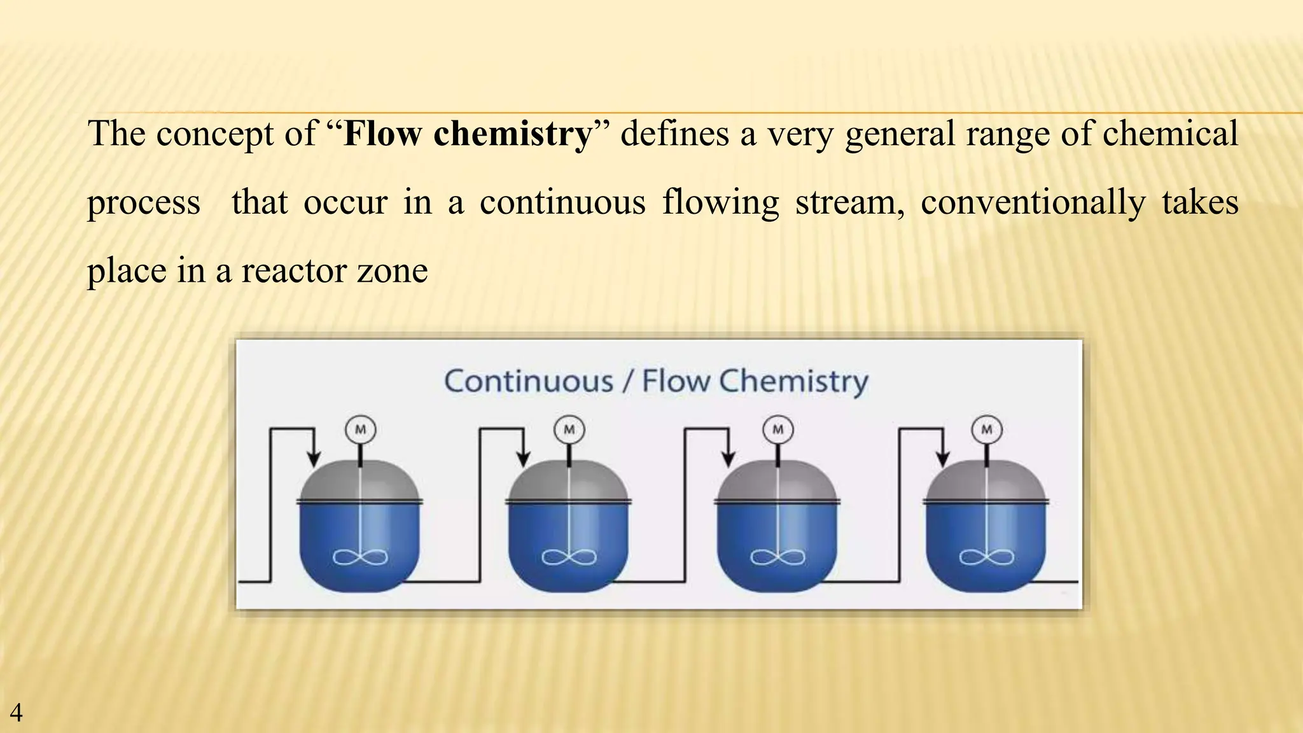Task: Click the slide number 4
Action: point(16,713)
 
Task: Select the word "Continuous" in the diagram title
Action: point(529,382)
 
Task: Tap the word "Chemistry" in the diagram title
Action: point(793,382)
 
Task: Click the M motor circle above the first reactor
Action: point(361,429)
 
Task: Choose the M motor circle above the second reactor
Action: point(569,429)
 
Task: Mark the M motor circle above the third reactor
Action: point(778,429)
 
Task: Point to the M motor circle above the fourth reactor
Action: point(987,429)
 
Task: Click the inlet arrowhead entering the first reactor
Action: point(313,459)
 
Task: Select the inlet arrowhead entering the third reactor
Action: point(729,459)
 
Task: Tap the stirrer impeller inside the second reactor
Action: point(569,558)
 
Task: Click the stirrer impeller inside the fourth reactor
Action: point(987,558)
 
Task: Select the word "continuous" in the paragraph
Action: point(562,202)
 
